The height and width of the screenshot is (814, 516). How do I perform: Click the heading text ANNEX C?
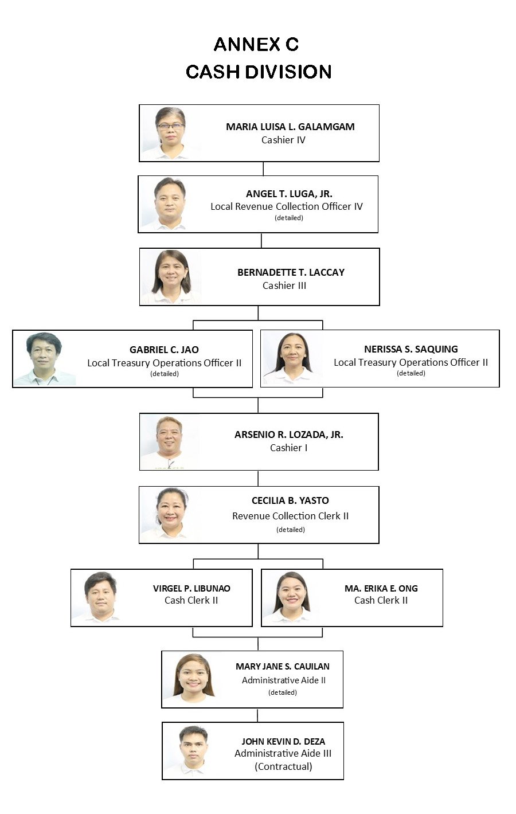(x=256, y=44)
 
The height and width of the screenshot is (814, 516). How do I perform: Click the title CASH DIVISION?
(x=259, y=72)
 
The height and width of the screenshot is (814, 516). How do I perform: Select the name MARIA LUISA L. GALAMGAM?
(x=290, y=127)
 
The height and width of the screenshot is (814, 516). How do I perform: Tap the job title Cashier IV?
(x=283, y=140)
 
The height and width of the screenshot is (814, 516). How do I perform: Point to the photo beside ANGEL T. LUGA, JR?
(x=170, y=203)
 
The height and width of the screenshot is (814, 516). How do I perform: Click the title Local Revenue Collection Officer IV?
(x=286, y=206)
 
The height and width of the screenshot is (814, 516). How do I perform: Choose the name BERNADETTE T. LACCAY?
(x=291, y=272)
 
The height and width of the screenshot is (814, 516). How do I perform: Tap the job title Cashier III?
(x=284, y=285)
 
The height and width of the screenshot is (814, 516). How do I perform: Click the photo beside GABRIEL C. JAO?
(x=44, y=358)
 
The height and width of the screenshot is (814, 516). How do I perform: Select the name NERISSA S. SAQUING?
(x=411, y=349)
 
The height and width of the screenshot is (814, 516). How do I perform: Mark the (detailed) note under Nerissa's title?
(x=411, y=373)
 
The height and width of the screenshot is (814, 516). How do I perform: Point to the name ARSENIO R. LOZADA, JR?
(x=288, y=435)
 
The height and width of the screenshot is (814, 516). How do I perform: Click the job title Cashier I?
(x=288, y=448)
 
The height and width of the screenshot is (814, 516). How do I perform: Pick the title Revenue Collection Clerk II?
(x=290, y=516)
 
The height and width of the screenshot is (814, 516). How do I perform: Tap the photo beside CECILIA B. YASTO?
(x=170, y=514)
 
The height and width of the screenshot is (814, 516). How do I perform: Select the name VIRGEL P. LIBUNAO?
(x=191, y=588)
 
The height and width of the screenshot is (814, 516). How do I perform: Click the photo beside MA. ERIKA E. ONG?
(x=292, y=597)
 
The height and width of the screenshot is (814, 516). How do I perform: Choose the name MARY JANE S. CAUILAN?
(x=282, y=666)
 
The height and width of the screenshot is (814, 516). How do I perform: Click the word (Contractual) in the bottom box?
(x=283, y=766)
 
